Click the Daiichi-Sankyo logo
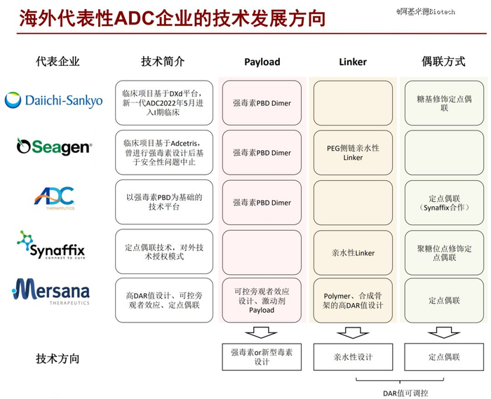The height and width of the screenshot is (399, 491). click(53, 100)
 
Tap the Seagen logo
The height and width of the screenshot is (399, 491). click(55, 147)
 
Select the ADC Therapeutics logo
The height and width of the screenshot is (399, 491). click(54, 198)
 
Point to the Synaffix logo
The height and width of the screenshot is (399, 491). click(51, 245)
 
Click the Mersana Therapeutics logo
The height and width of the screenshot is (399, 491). click(51, 292)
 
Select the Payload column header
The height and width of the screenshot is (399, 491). click(262, 62)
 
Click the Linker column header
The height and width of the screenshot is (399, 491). click(353, 62)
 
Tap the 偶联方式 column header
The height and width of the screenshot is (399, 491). click(443, 61)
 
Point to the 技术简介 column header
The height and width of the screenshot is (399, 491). click(163, 61)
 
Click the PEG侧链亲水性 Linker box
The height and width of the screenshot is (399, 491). click(353, 152)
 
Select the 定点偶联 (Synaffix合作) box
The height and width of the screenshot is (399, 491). click(444, 203)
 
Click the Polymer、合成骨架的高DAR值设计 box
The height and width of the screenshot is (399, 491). click(353, 300)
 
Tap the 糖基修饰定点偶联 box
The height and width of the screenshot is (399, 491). click(444, 103)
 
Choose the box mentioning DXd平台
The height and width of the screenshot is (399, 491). click(164, 102)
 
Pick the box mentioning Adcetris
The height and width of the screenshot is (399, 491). click(164, 152)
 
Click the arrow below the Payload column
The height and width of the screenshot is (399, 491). click(261, 332)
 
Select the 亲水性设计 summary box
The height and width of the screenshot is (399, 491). click(353, 357)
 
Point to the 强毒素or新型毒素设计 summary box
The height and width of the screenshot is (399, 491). click(262, 357)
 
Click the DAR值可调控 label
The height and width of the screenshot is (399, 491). click(405, 393)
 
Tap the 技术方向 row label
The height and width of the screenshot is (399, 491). click(58, 358)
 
